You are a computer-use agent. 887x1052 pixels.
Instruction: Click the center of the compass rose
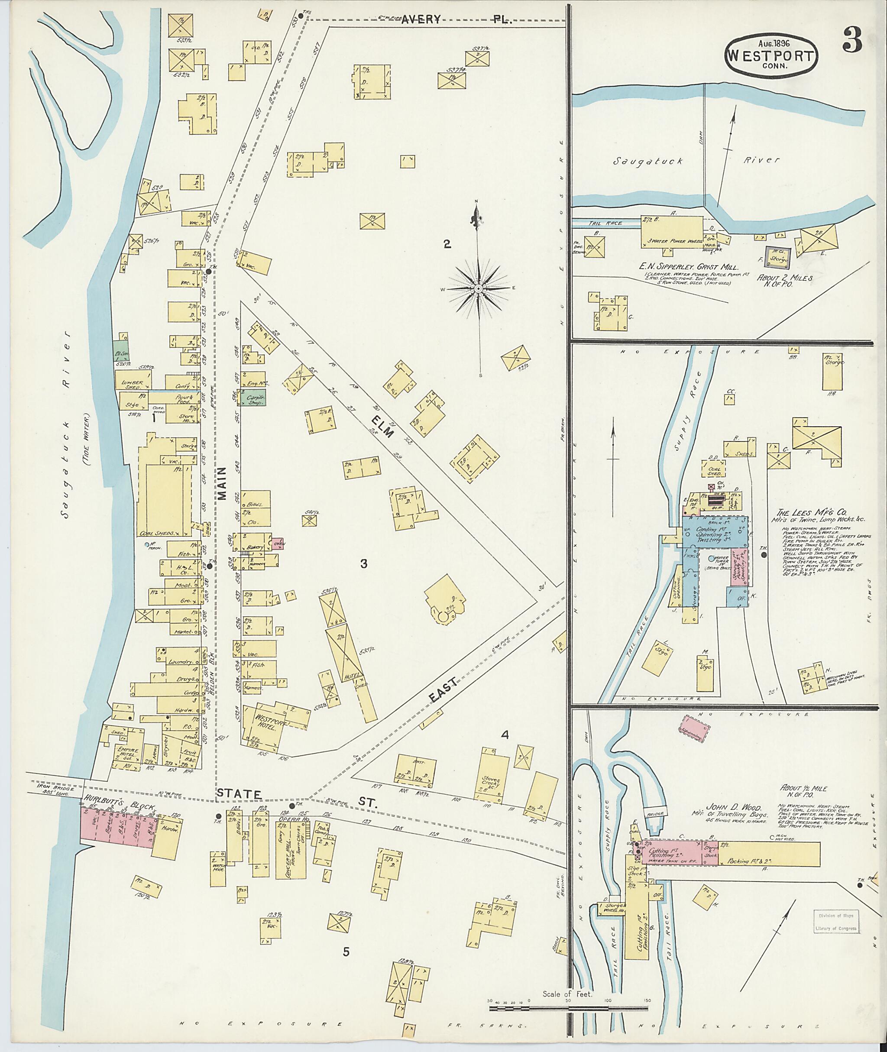(478, 288)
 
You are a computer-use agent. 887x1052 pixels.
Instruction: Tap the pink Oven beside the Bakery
(277, 544)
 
